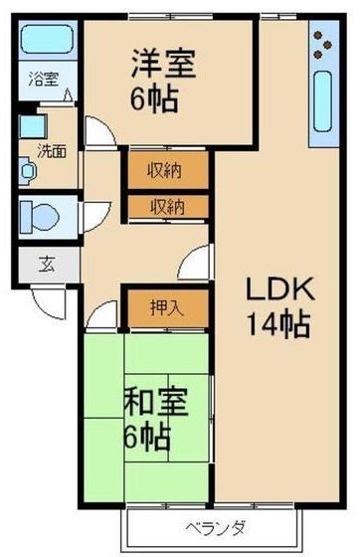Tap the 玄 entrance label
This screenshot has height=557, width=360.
click(x=46, y=265)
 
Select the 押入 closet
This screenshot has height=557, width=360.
click(x=167, y=308)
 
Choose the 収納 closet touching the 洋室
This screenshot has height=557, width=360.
click(x=167, y=169)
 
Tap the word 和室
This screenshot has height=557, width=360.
click(x=152, y=404)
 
